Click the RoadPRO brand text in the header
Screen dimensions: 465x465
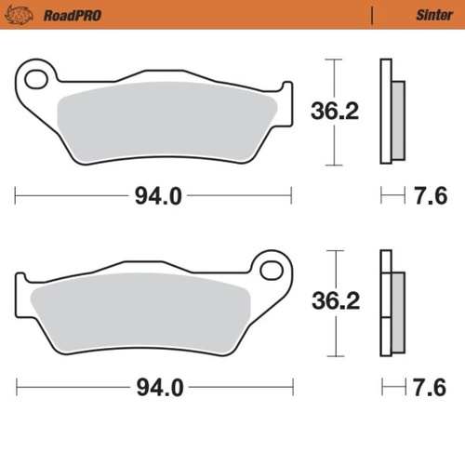coord(72,15)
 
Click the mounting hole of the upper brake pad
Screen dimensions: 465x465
coord(36,79)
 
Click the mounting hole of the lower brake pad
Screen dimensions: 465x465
coord(271,271)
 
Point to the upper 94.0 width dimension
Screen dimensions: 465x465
coord(153,196)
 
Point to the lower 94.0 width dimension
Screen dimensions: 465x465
coord(153,386)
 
